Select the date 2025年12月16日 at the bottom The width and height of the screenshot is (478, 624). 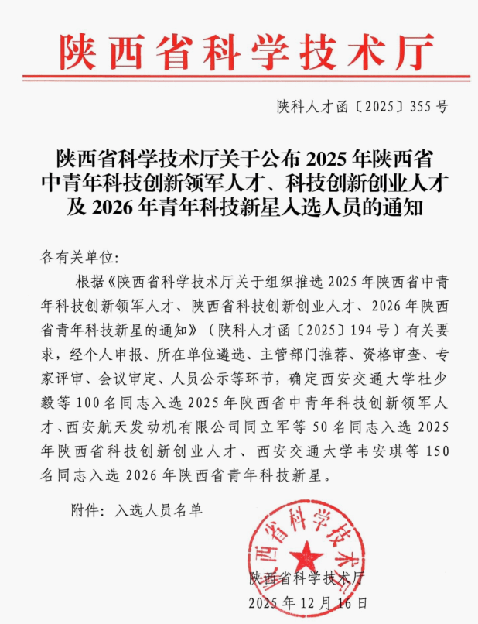[x=307, y=602]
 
